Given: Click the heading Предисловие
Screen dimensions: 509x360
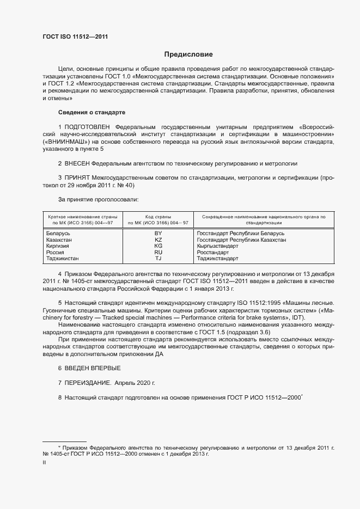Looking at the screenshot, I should pos(188,54).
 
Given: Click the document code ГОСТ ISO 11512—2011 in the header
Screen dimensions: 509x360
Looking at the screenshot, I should pos(78,36).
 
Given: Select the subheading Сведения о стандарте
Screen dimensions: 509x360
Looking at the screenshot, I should pos(91,112).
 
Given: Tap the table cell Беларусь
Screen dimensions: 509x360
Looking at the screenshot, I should pos(60,234).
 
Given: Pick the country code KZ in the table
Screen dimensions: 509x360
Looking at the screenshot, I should pos(158,240).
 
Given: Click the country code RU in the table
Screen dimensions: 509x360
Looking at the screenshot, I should pos(158,253).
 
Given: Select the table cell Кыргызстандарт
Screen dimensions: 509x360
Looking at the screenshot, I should pos(217,246).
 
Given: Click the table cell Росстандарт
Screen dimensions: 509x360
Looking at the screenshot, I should pos(212,253).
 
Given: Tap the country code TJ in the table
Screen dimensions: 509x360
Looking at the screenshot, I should pos(158,259).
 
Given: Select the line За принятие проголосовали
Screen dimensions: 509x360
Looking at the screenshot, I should pos(94,199).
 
